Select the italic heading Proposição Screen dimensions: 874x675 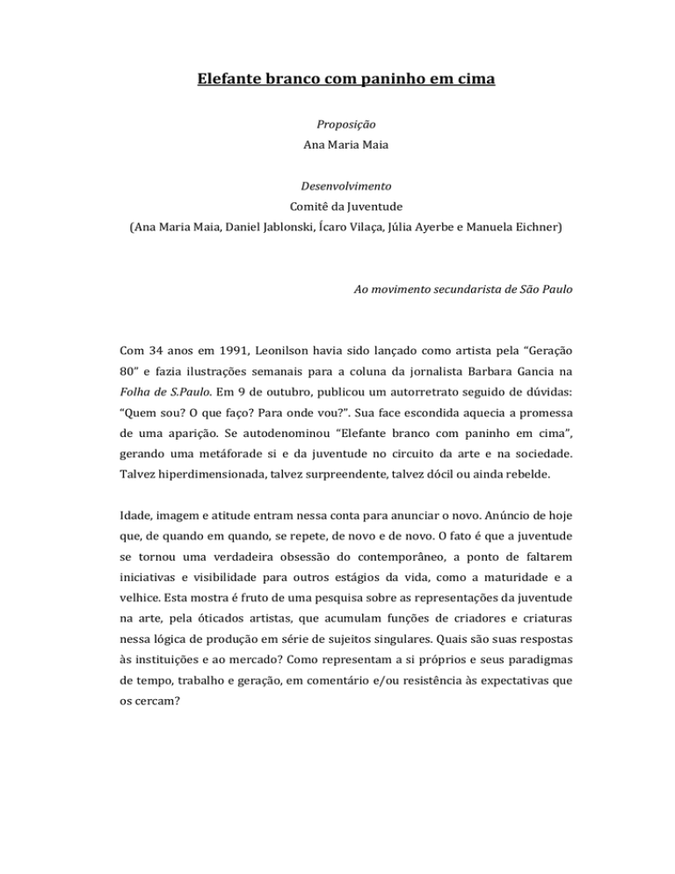coord(337,126)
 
